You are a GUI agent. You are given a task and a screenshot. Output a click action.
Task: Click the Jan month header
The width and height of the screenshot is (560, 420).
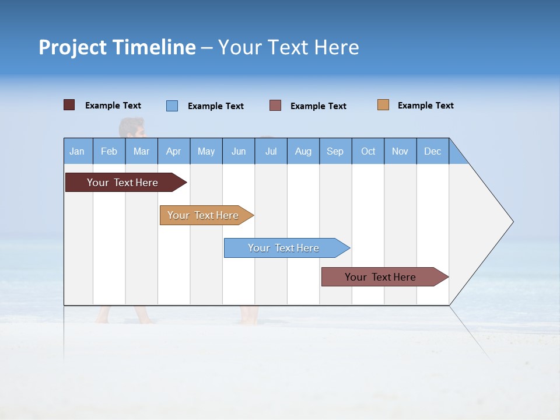coord(78,151)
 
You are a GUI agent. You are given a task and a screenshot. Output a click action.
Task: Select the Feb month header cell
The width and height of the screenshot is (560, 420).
coord(109,151)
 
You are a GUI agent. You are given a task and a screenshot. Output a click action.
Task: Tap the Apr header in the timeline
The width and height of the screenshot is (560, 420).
coord(174,151)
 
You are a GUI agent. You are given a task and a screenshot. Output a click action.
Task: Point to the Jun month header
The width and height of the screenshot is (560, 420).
coord(239,151)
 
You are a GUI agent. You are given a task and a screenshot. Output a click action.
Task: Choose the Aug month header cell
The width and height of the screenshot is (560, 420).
coord(303,151)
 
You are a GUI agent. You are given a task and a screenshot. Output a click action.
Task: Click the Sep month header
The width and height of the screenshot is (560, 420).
coord(335,151)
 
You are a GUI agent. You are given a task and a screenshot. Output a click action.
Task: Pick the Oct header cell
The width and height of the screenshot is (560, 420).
coord(368,151)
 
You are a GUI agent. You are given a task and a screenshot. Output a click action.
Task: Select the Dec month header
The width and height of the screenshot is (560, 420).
coord(433,151)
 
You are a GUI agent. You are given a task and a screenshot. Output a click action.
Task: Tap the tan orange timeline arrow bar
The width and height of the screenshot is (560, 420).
coord(204,215)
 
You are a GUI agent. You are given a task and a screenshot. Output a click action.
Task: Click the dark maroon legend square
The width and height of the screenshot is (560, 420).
coord(69,105)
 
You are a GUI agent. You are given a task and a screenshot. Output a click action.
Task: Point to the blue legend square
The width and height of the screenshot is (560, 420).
coord(172,106)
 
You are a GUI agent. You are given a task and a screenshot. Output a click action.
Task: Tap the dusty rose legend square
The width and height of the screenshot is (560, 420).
coord(275,106)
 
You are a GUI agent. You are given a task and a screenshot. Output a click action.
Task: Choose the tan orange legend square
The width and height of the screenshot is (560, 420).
coord(383,105)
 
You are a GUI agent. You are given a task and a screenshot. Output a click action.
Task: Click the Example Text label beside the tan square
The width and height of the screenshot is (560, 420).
coord(426,106)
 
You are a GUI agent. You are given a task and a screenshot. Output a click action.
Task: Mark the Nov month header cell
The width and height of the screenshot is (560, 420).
coord(400,151)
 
